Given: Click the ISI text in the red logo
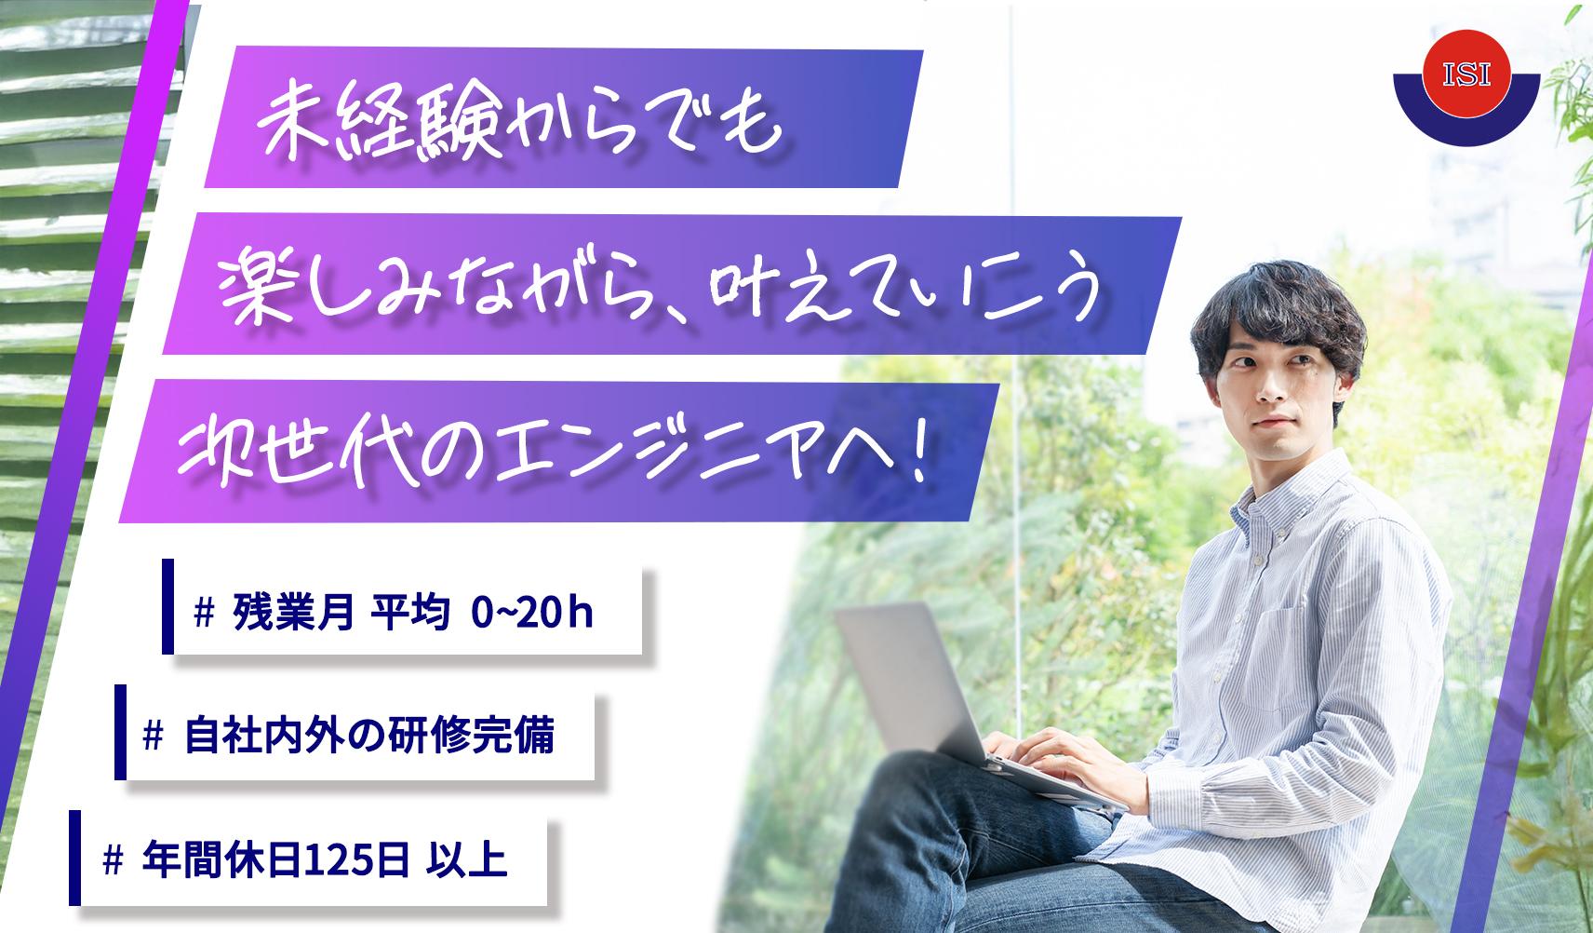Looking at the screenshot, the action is pos(1466,74).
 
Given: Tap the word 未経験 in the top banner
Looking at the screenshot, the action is pos(382,126).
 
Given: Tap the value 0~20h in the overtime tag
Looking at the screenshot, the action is pos(532,612).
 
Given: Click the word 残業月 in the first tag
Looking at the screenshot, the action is pos(293,612).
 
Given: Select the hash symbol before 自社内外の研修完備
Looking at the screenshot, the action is pos(153,736).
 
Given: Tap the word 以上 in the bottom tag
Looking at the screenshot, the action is pos(466,859).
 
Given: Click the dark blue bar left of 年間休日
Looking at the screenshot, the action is pos(74,858).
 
